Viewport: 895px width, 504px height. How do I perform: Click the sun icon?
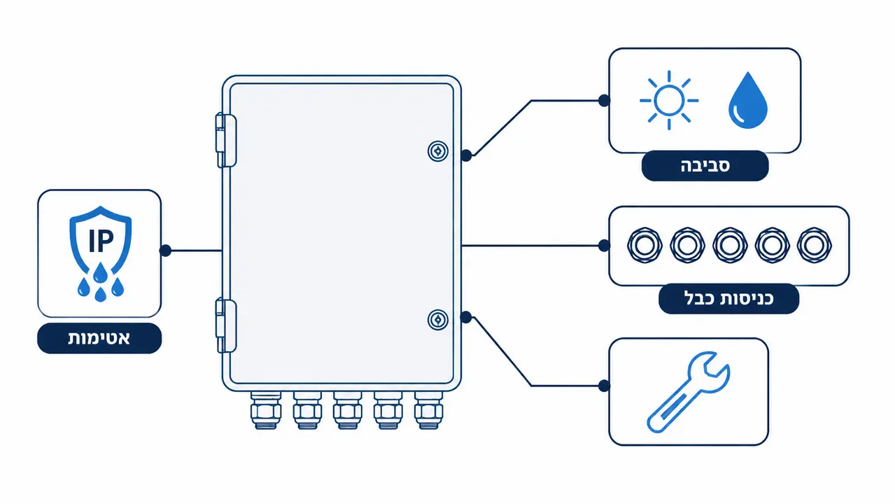(x=669, y=100)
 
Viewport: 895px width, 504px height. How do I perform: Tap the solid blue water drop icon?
(x=748, y=100)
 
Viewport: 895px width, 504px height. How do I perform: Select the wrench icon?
(x=689, y=392)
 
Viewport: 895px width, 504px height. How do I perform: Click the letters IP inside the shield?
(x=101, y=240)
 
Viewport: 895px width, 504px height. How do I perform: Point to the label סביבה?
(x=705, y=165)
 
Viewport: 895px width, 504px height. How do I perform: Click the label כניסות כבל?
(x=728, y=299)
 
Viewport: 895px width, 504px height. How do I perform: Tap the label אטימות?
(x=99, y=338)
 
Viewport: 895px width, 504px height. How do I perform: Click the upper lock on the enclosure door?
(x=438, y=151)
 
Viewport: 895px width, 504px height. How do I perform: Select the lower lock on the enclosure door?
(x=438, y=320)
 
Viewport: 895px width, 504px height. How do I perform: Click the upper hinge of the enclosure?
(x=226, y=140)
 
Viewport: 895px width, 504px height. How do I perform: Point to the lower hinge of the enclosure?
(x=226, y=326)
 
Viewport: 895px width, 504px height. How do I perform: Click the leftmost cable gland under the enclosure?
(x=266, y=410)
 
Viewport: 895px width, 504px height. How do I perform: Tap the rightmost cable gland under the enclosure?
(x=428, y=410)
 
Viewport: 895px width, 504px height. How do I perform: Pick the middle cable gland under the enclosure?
(x=348, y=410)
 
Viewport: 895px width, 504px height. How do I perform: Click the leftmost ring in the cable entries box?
(x=644, y=245)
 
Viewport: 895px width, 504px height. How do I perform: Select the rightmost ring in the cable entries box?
(x=815, y=245)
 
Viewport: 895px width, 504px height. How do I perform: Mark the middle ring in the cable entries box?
(x=730, y=245)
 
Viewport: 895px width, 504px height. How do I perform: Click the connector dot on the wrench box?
(x=604, y=386)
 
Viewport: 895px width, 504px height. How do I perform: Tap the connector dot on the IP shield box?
(x=165, y=251)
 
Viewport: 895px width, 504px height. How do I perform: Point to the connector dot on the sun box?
(x=604, y=101)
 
